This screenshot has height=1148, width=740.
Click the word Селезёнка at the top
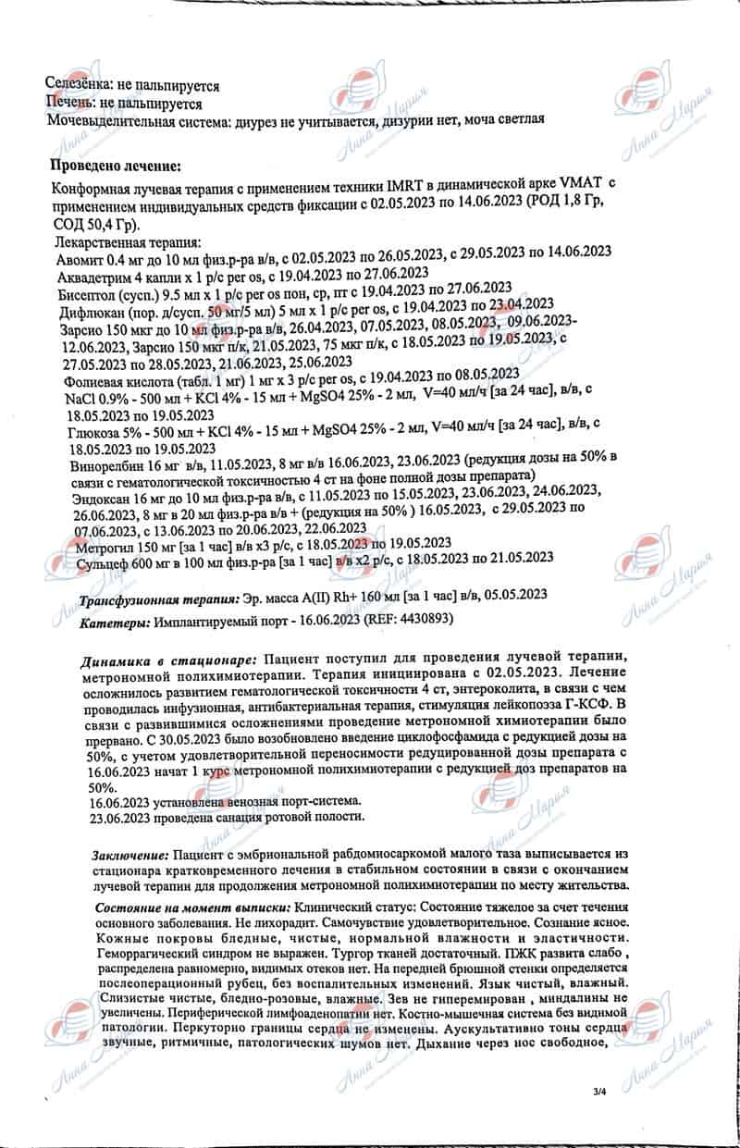pos(75,86)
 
